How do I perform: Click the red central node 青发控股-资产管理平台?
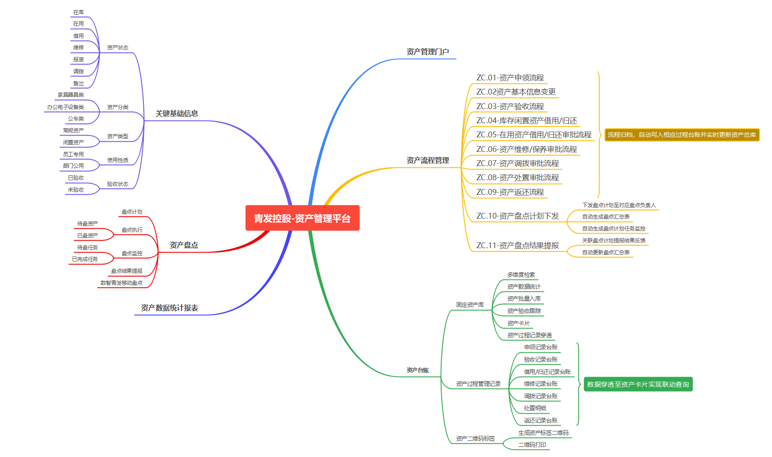[x=302, y=218]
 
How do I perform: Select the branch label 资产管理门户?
[x=427, y=52]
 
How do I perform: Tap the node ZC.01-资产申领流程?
[x=510, y=78]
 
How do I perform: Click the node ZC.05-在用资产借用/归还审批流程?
[x=534, y=135]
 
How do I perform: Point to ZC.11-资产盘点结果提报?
[x=517, y=245]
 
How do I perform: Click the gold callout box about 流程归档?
[x=682, y=135]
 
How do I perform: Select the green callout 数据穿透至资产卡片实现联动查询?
[x=638, y=384]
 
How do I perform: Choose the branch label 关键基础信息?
[x=176, y=113]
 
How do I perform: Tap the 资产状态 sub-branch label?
[x=117, y=48]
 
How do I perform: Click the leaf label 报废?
[x=79, y=60]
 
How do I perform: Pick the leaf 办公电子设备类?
[x=65, y=107]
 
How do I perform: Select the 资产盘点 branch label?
[x=184, y=245]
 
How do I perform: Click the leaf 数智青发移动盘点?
[x=121, y=283]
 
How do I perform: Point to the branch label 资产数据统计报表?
[x=169, y=308]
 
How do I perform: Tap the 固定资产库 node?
[x=470, y=305]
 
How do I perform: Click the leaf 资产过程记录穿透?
[x=529, y=336]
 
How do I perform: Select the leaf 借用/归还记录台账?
[x=547, y=372]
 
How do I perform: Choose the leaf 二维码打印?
[x=532, y=445]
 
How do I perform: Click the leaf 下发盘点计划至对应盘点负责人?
[x=619, y=205]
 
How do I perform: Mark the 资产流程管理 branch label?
[x=427, y=160]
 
